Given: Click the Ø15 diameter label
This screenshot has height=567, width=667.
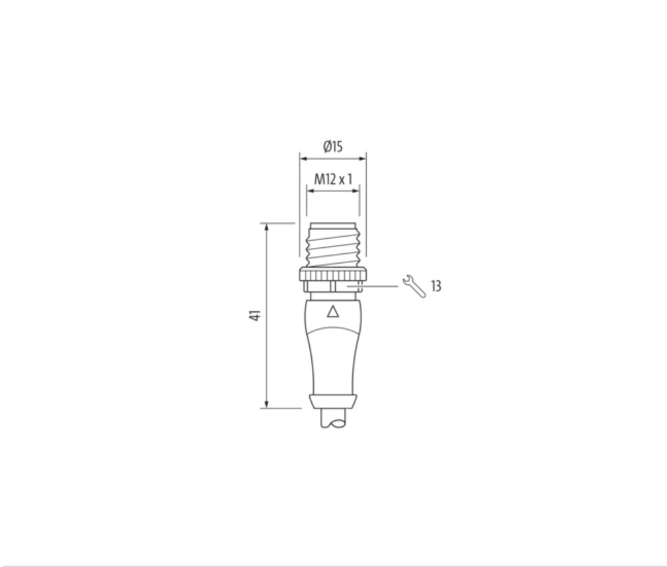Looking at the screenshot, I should tap(332, 146).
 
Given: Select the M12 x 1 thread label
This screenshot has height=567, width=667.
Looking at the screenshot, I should tap(333, 180).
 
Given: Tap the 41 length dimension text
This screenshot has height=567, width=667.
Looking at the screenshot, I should tap(255, 316).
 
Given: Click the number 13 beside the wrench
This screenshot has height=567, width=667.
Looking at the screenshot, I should tap(436, 286).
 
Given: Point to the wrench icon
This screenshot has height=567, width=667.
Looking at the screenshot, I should tap(414, 286).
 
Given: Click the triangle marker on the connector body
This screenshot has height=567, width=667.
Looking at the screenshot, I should tap(333, 312).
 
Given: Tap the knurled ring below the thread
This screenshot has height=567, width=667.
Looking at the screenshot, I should tap(333, 274).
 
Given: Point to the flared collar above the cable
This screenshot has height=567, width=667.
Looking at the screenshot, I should tap(333, 400).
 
